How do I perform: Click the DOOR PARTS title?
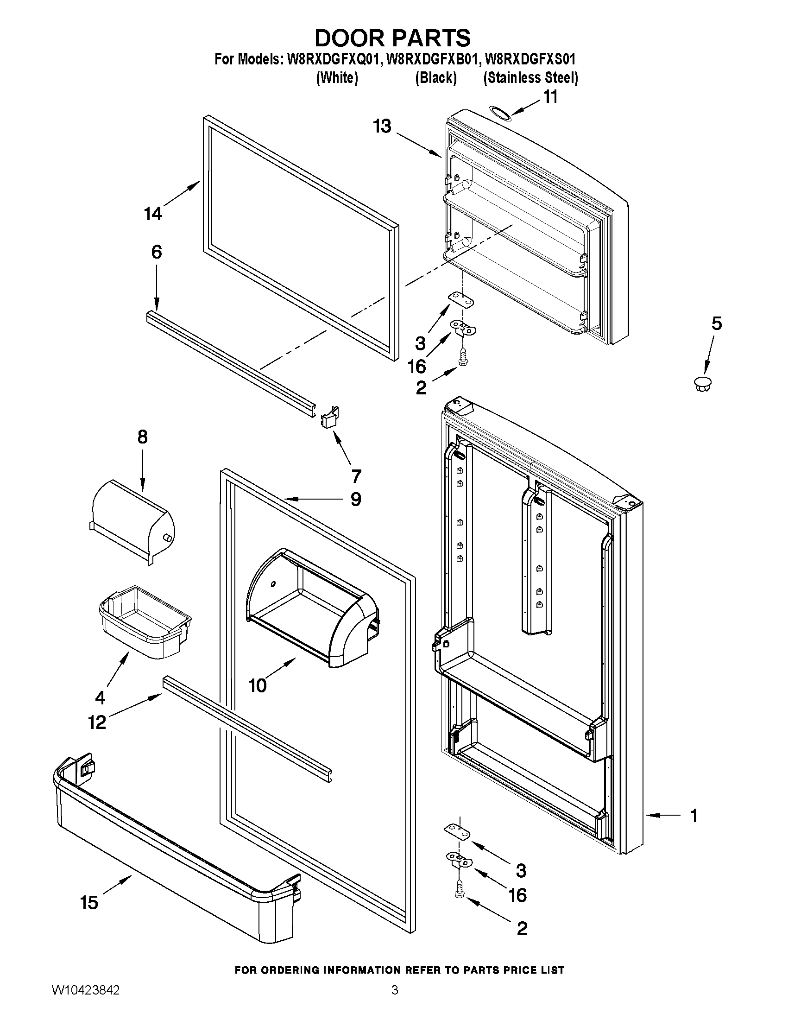[x=392, y=38]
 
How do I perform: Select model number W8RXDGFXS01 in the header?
[x=530, y=59]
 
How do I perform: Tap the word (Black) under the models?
[x=435, y=77]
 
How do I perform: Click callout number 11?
[x=550, y=97]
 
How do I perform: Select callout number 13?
[x=382, y=126]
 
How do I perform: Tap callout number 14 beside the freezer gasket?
[x=153, y=214]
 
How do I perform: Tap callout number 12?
[x=97, y=722]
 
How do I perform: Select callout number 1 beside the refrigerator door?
[x=693, y=816]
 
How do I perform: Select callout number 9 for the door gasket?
[x=356, y=500]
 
